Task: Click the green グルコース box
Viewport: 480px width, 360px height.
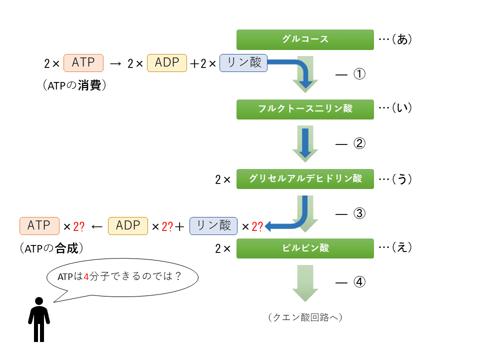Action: pyautogui.click(x=305, y=39)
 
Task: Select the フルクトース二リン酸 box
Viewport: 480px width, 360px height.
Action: pyautogui.click(x=305, y=109)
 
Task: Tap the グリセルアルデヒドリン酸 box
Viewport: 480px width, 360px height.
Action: pyautogui.click(x=305, y=179)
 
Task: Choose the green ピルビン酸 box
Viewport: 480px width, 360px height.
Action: pyautogui.click(x=305, y=248)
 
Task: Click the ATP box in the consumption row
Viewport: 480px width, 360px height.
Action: pyautogui.click(x=83, y=63)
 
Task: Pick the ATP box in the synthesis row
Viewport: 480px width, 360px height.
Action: pyautogui.click(x=39, y=226)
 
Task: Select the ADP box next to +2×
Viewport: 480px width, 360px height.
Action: pyautogui.click(x=166, y=63)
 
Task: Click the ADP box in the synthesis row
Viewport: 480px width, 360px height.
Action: pyautogui.click(x=128, y=226)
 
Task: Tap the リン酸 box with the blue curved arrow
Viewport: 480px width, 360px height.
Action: pyautogui.click(x=243, y=63)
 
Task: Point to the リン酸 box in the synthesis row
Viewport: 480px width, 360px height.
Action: pyautogui.click(x=213, y=225)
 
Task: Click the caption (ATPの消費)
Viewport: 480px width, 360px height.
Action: pyautogui.click(x=75, y=86)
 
